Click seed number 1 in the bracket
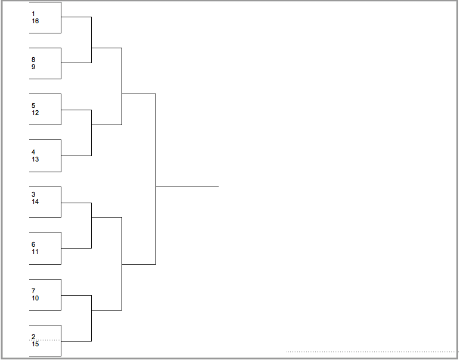pyautogui.click(x=33, y=14)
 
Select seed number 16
pyautogui.click(x=35, y=21)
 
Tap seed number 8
pyautogui.click(x=33, y=60)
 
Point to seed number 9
pyautogui.click(x=33, y=67)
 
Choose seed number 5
pyautogui.click(x=33, y=105)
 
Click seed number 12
pyautogui.click(x=35, y=113)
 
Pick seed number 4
pyautogui.click(x=33, y=152)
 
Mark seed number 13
pyautogui.click(x=35, y=159)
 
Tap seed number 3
pyautogui.click(x=33, y=194)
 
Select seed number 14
pyautogui.click(x=35, y=201)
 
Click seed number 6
pyautogui.click(x=33, y=244)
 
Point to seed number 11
pyautogui.click(x=35, y=252)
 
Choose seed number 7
pyautogui.click(x=33, y=291)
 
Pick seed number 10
pyautogui.click(x=35, y=298)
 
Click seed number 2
pyautogui.click(x=33, y=337)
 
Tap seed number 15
pyautogui.click(x=35, y=344)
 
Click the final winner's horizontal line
pyautogui.click(x=187, y=187)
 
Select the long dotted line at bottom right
pyautogui.click(x=372, y=352)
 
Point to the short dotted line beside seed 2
pyautogui.click(x=45, y=340)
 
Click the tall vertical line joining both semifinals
pyautogui.click(x=156, y=179)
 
